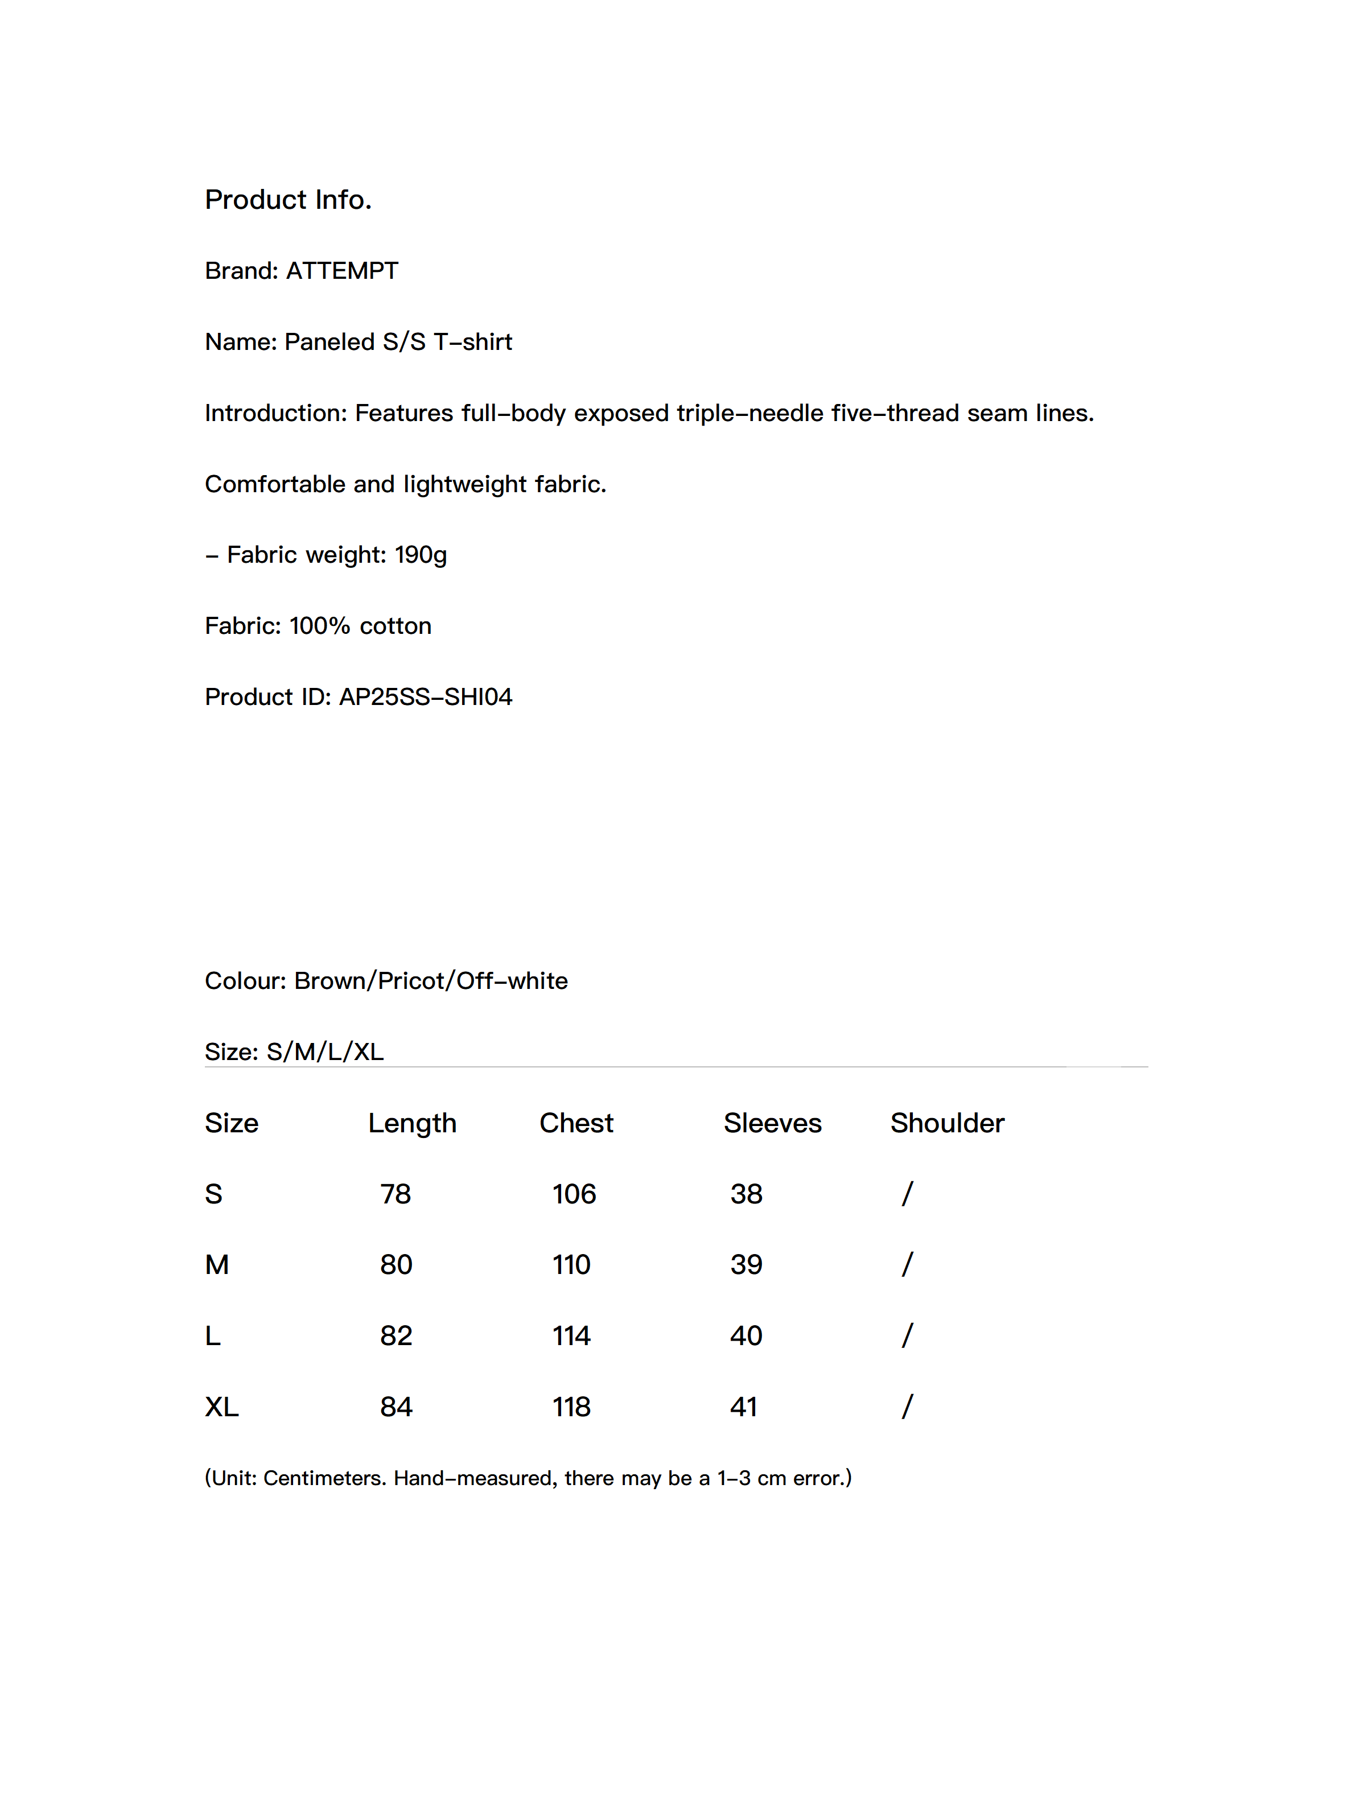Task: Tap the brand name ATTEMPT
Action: [341, 271]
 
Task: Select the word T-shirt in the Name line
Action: [472, 342]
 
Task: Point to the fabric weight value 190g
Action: [421, 555]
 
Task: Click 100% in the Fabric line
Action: [319, 626]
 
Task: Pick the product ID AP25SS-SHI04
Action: [426, 697]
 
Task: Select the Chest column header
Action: [576, 1123]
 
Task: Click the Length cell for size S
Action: [396, 1194]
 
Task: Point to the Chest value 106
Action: [574, 1194]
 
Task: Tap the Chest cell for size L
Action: [571, 1335]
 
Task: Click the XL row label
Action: [221, 1407]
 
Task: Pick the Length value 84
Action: [396, 1407]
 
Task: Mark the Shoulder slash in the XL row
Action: [907, 1407]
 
